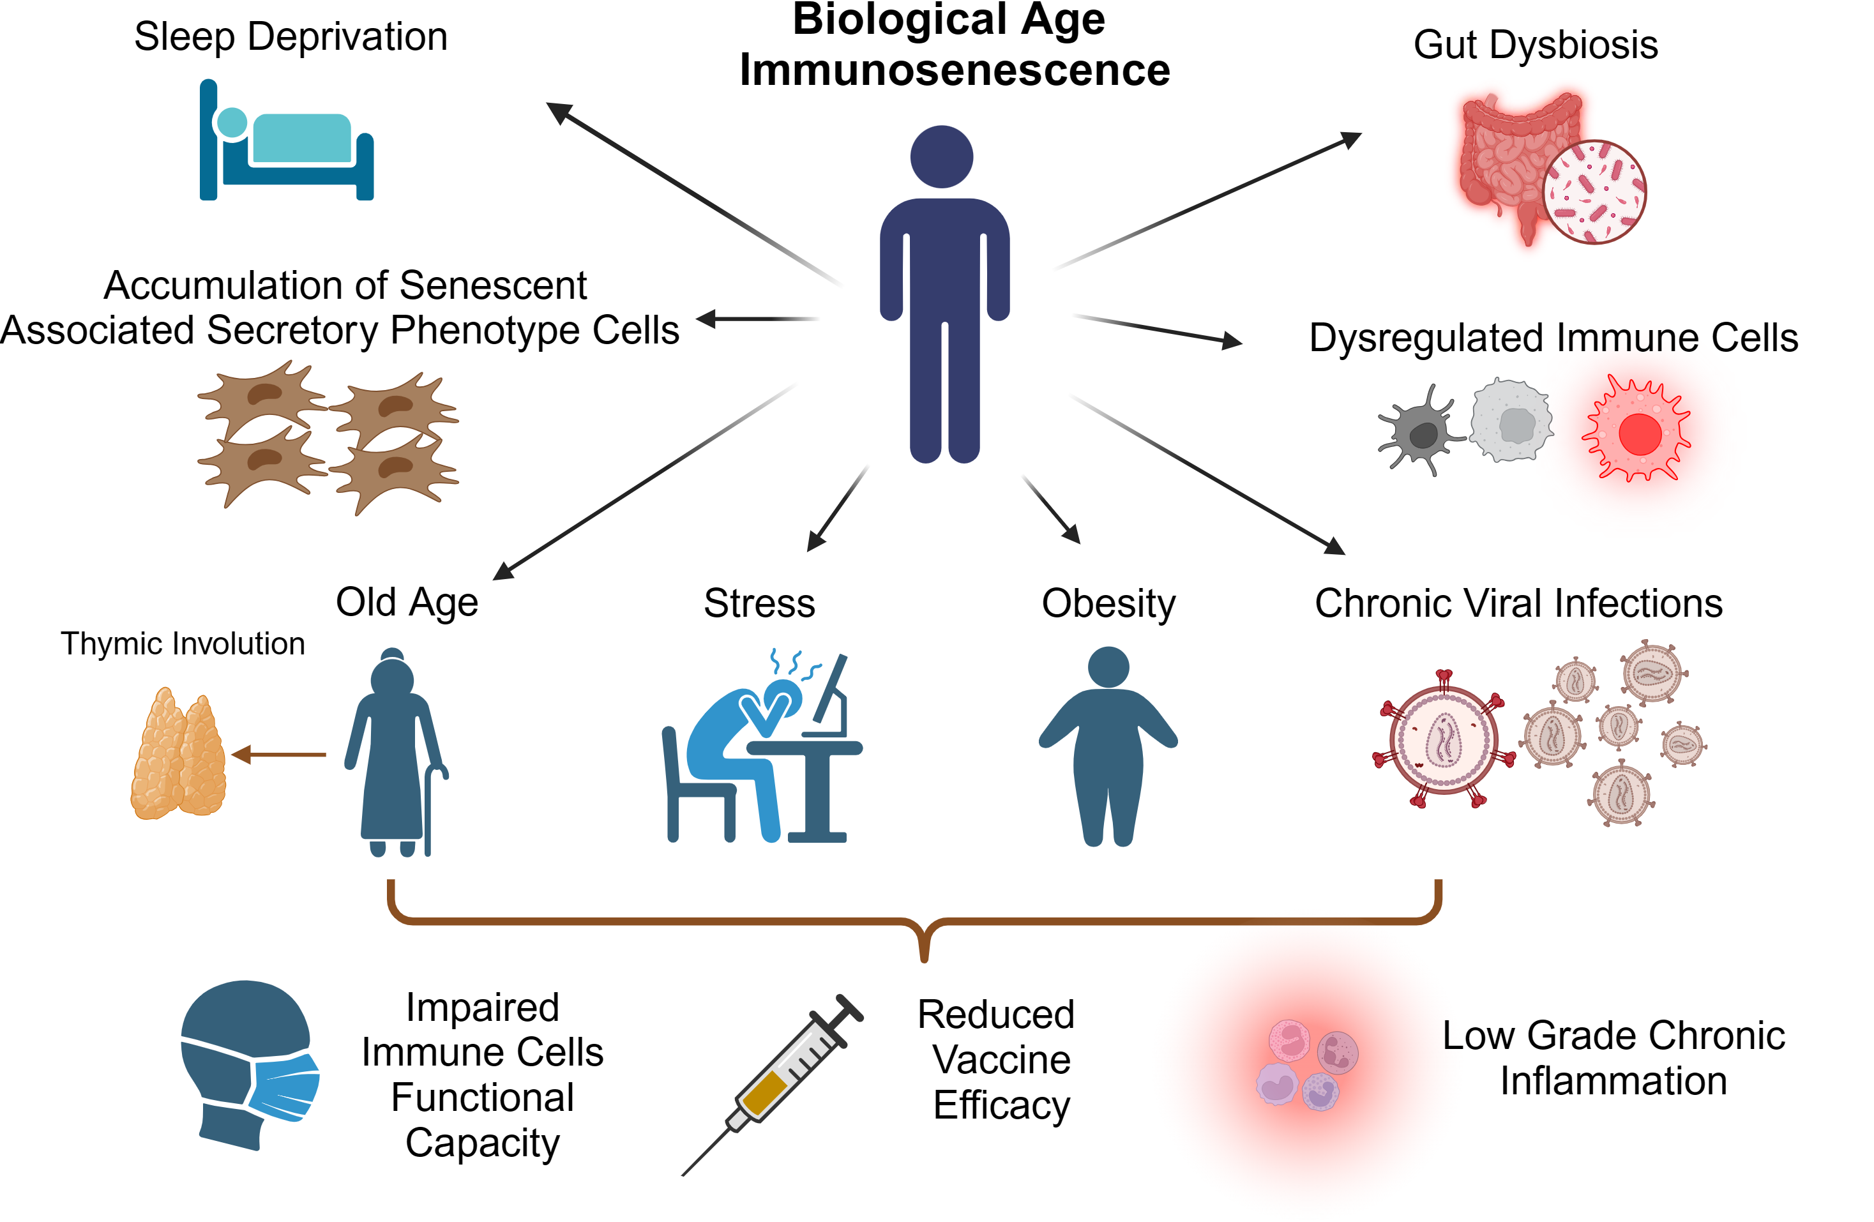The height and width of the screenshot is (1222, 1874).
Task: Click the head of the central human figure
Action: [x=941, y=156]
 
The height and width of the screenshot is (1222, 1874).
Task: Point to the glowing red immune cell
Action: [x=1638, y=432]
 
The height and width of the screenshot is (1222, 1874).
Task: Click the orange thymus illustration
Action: [x=178, y=754]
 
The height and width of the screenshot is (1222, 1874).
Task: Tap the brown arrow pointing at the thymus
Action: [x=279, y=754]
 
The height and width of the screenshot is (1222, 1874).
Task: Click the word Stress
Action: [x=759, y=603]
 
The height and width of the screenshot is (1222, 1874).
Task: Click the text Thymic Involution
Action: [x=183, y=644]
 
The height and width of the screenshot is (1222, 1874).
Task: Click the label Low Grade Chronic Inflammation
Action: [x=1613, y=1057]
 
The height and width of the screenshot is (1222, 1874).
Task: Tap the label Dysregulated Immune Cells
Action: [x=1553, y=338]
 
